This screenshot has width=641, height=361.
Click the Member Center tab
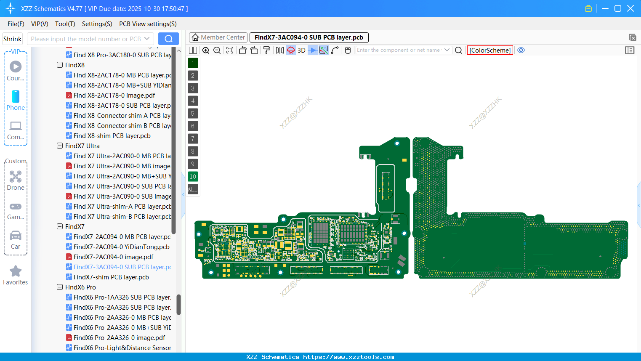coord(218,37)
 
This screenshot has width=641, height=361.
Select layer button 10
coord(193,177)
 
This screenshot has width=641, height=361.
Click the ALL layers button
coord(193,189)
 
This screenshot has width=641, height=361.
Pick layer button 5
coord(193,114)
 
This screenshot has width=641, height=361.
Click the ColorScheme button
coord(490,50)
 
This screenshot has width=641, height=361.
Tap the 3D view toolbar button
coord(301,50)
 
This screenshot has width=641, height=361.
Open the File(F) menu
coord(16,24)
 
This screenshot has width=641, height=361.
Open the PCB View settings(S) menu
coord(148,24)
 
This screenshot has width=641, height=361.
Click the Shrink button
coord(13,39)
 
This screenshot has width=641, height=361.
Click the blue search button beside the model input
coord(168,39)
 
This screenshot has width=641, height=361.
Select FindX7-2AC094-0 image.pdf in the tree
coord(113,257)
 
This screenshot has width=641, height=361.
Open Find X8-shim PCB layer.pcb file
coord(112,136)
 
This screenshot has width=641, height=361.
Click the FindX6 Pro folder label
coord(80,287)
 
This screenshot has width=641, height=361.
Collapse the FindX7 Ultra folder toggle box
coord(60,146)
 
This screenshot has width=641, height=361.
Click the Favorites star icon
coord(16,271)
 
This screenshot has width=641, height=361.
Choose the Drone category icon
coord(16,177)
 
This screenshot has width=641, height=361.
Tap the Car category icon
coord(16,236)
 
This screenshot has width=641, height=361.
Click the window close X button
coord(630,8)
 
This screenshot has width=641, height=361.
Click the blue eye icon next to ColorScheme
coord(521,50)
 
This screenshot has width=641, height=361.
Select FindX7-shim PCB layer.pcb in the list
coord(111,277)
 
